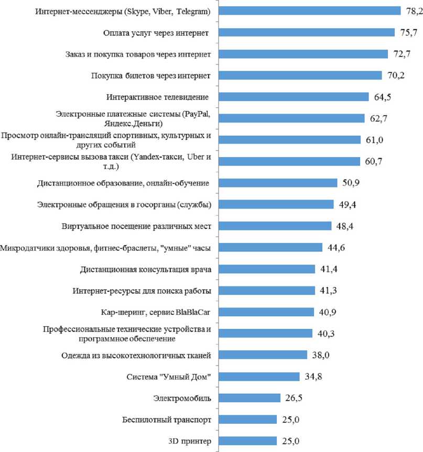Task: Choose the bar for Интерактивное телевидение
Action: click(294, 96)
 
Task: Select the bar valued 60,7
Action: click(289, 161)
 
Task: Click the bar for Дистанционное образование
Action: click(277, 183)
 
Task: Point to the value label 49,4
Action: click(349, 204)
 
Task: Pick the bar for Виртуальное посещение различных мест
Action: click(275, 226)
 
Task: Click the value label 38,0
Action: click(322, 355)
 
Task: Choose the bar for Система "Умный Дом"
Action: click(259, 377)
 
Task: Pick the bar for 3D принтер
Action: click(247, 441)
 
